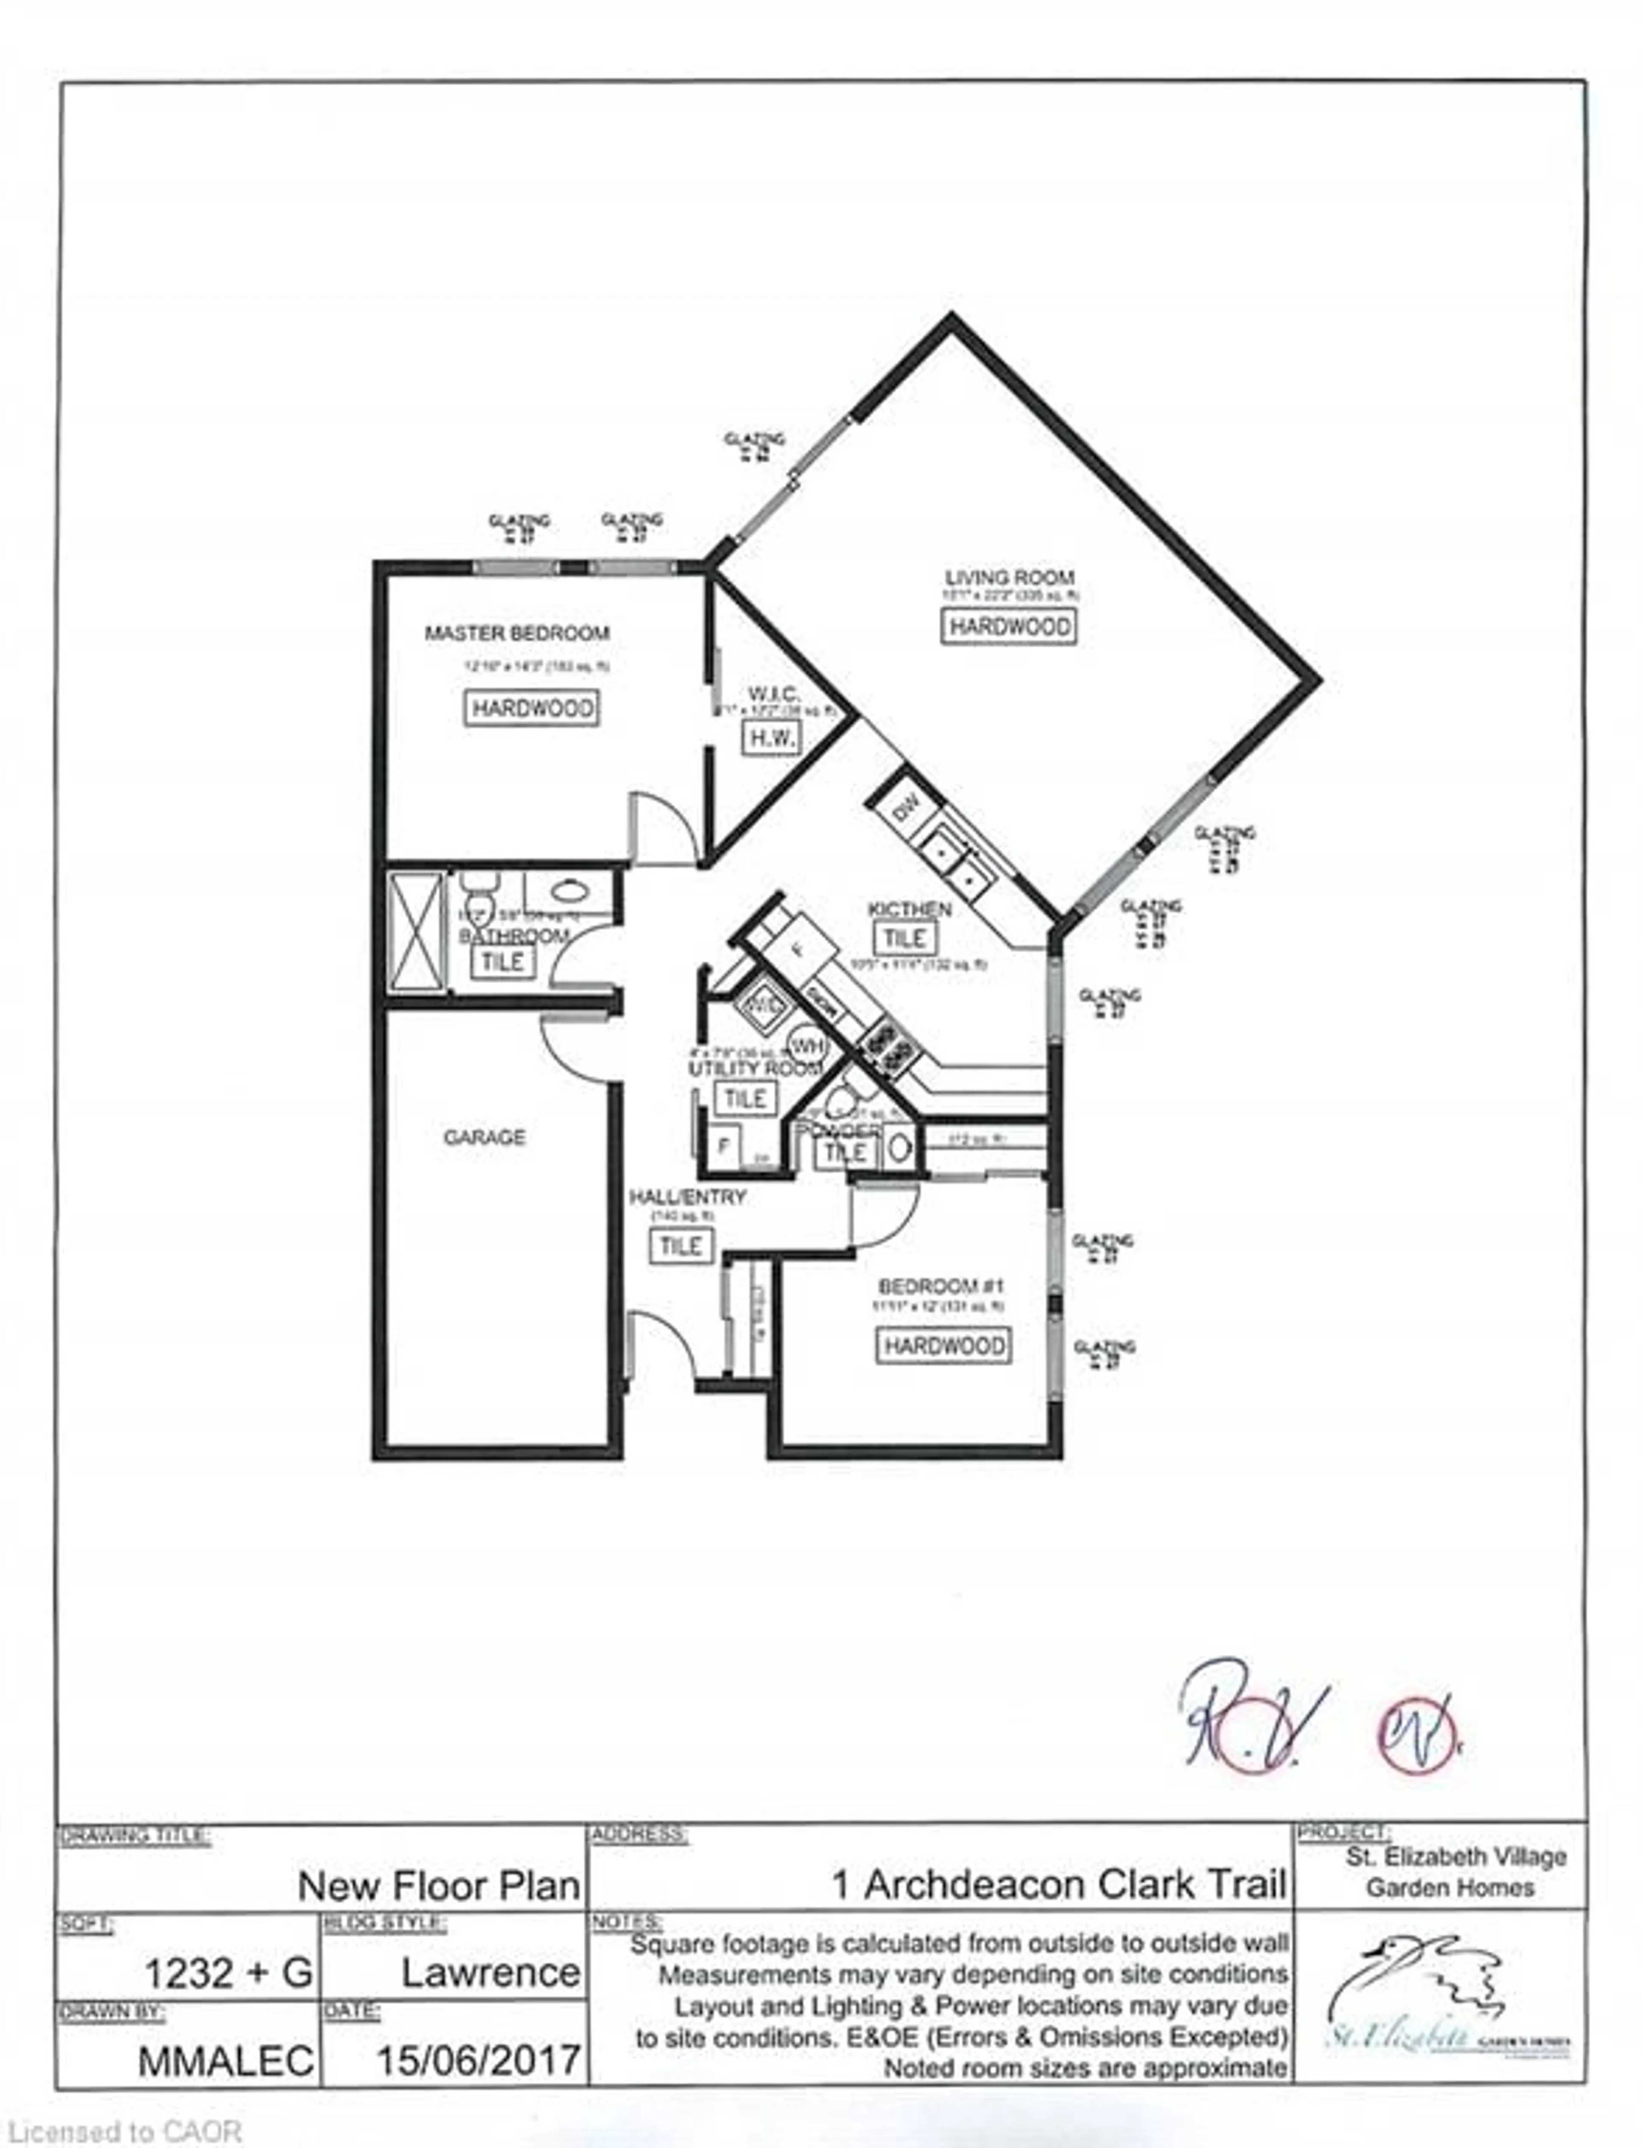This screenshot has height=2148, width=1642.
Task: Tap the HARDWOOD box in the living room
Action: coord(1009,626)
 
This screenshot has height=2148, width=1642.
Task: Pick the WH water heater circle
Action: coord(806,1046)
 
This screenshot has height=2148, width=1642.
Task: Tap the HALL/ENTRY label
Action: coord(687,1197)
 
